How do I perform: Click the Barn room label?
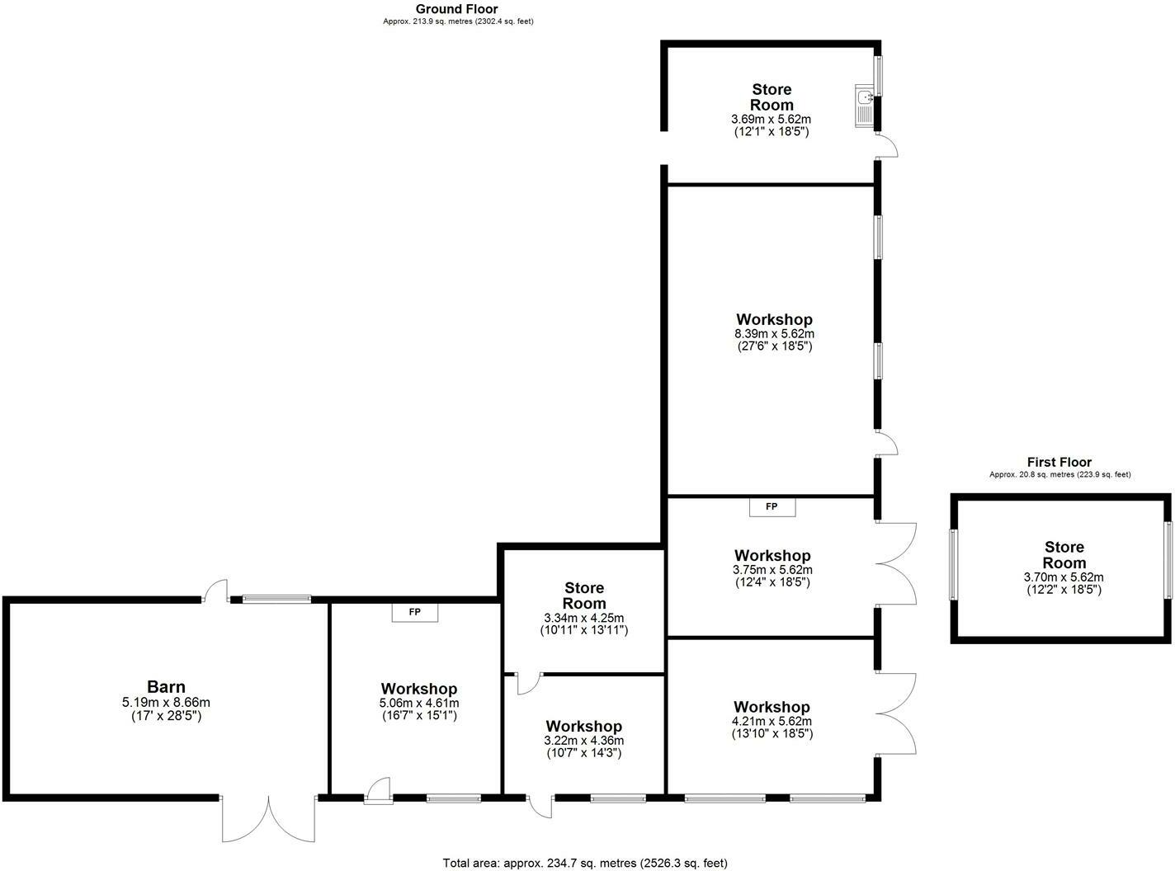pos(166,686)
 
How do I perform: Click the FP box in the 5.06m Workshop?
pos(414,613)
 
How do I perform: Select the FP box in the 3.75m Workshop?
pos(772,507)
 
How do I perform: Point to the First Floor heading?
pos(1059,462)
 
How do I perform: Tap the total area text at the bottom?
pos(585,863)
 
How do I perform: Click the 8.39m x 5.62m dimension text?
pos(774,334)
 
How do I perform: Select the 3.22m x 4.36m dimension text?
pos(583,740)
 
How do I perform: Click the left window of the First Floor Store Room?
pos(954,565)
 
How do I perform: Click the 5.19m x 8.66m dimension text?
pos(166,703)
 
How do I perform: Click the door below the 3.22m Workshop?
pos(540,807)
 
